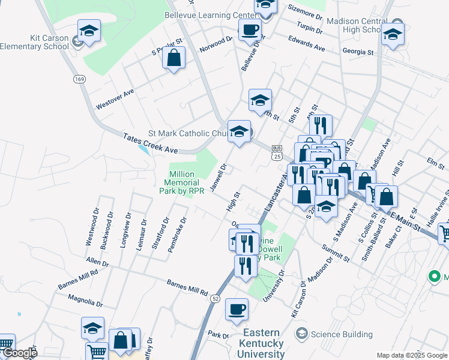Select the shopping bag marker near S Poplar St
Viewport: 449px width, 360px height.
tap(173, 59)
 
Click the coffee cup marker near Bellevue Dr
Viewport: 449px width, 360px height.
tap(250, 29)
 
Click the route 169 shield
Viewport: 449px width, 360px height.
tap(79, 79)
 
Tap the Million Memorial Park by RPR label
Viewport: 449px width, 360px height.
tap(187, 182)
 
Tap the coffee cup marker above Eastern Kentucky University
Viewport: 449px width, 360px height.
tap(237, 309)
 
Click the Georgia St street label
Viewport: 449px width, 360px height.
tap(358, 52)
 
